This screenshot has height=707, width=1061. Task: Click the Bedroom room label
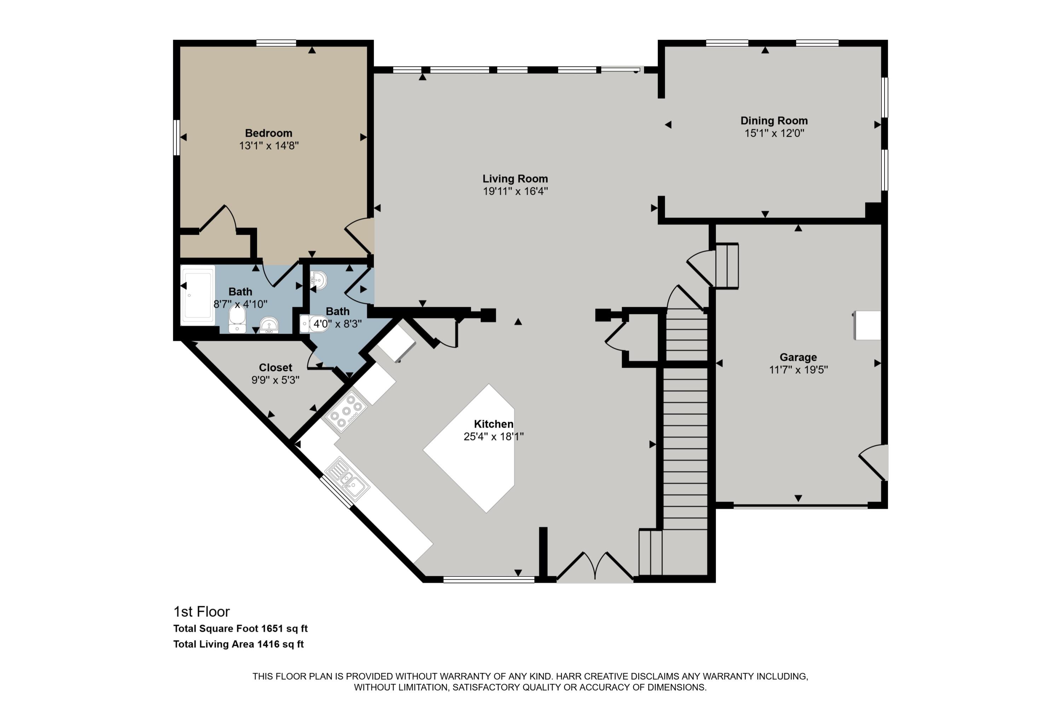pos(268,133)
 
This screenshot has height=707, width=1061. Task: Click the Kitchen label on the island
pos(493,424)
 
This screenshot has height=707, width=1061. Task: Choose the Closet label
pos(275,368)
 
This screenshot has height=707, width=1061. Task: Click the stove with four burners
pos(346,411)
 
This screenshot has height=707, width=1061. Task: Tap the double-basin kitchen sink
pos(347,479)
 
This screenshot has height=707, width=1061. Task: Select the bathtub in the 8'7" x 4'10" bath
pos(198,295)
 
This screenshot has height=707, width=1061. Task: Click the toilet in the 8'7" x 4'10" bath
pos(237,319)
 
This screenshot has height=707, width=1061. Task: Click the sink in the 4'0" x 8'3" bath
pos(319,280)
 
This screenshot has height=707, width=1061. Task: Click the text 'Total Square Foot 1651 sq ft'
pos(240,629)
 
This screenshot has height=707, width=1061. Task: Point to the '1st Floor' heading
pos(202,612)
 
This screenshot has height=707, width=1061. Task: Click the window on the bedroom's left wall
pos(177,138)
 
